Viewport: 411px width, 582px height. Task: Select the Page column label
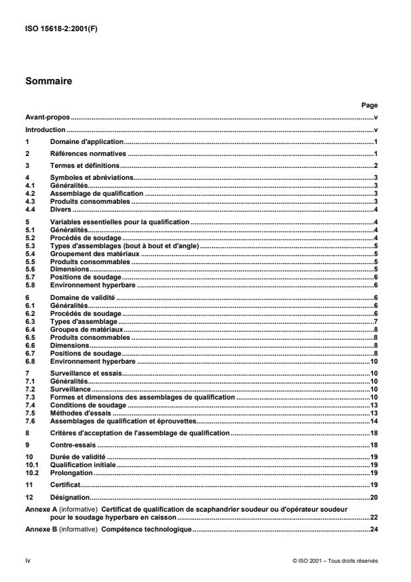369,105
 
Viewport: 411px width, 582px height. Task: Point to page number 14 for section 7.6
374,421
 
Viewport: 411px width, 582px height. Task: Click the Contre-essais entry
71,445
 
